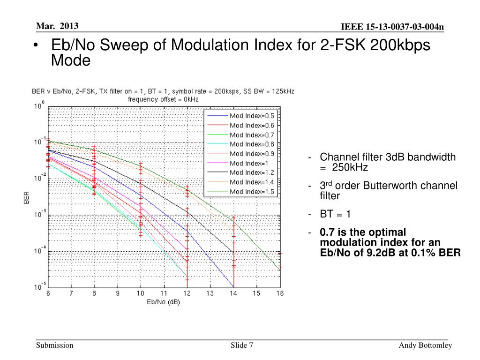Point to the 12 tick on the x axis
tap(187, 293)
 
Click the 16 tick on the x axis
tap(279, 293)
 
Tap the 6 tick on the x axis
tap(48, 293)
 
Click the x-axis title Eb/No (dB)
tap(163, 302)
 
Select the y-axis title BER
tap(26, 196)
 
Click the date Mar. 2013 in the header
tap(57, 26)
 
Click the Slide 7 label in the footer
tap(242, 345)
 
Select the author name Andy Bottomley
tap(425, 345)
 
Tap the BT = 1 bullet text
tap(335, 214)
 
